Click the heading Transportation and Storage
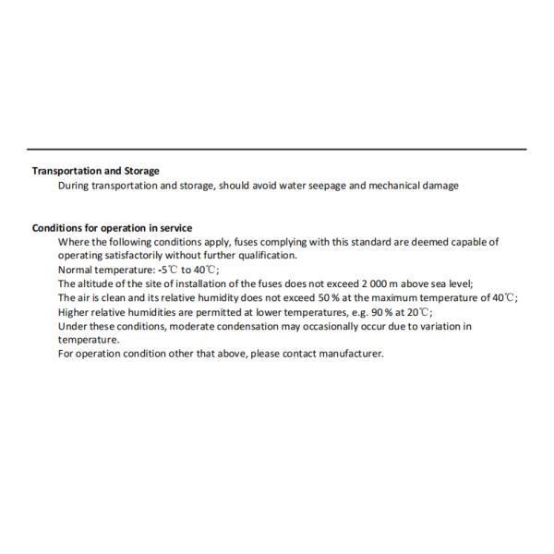click(x=95, y=171)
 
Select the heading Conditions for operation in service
click(x=112, y=228)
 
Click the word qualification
click(x=266, y=256)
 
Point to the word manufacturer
click(x=349, y=354)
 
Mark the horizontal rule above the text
click(x=277, y=150)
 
